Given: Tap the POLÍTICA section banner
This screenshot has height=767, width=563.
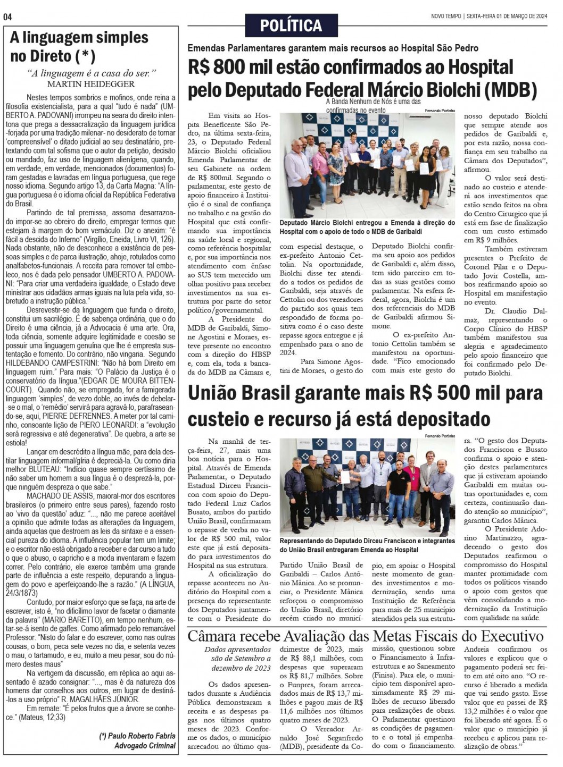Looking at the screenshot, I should (291, 25).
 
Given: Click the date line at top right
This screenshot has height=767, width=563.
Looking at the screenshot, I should (489, 16).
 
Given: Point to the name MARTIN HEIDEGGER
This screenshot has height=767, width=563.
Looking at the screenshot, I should (91, 84).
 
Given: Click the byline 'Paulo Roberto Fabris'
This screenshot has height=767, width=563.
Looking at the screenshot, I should (137, 736).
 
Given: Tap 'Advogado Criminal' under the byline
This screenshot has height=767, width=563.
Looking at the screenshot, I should (145, 746).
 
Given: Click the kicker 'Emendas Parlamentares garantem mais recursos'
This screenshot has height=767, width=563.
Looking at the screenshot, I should (333, 48).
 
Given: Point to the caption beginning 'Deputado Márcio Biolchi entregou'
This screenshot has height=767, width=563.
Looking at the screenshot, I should (367, 227).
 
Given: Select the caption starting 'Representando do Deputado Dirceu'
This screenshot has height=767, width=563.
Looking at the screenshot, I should (367, 545).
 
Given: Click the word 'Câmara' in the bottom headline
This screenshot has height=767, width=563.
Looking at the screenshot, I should (216, 636).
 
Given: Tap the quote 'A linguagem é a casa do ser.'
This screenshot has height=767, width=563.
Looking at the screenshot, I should (91, 73).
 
